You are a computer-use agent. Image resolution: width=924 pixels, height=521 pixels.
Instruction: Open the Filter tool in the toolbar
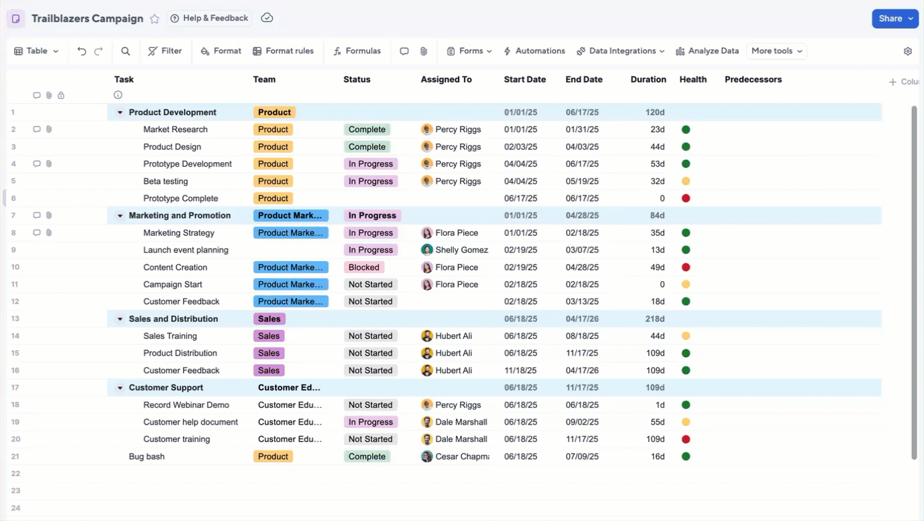click(x=165, y=51)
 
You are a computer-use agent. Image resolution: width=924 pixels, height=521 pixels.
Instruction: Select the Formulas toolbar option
click(x=357, y=51)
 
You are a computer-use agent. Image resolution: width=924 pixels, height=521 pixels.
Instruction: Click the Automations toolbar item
click(x=534, y=51)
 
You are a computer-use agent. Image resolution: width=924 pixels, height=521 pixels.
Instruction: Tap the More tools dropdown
click(x=776, y=51)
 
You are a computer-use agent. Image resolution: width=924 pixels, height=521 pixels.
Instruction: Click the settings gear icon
click(x=908, y=52)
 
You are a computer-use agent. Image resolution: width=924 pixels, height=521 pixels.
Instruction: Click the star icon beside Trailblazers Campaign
click(x=155, y=19)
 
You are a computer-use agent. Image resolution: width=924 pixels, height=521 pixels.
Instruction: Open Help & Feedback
click(x=209, y=18)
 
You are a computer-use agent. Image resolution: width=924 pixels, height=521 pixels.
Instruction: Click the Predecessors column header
click(x=753, y=79)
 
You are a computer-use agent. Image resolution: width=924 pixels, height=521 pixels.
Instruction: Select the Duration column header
click(x=648, y=79)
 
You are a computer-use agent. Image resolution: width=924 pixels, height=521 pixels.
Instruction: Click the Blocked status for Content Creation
click(x=364, y=267)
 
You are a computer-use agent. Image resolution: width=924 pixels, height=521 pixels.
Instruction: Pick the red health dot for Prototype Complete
click(x=686, y=198)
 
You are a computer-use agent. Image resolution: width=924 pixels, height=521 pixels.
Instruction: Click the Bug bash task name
click(x=147, y=457)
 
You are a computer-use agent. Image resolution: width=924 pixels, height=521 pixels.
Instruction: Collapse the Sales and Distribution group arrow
click(x=120, y=319)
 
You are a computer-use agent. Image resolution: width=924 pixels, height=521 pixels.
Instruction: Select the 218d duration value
click(x=654, y=319)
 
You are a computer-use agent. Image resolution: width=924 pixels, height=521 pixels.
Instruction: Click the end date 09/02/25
click(x=581, y=422)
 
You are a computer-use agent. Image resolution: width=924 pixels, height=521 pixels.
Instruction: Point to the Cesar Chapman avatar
click(x=426, y=457)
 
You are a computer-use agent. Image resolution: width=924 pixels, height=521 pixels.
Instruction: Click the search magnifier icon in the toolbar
click(x=125, y=51)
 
